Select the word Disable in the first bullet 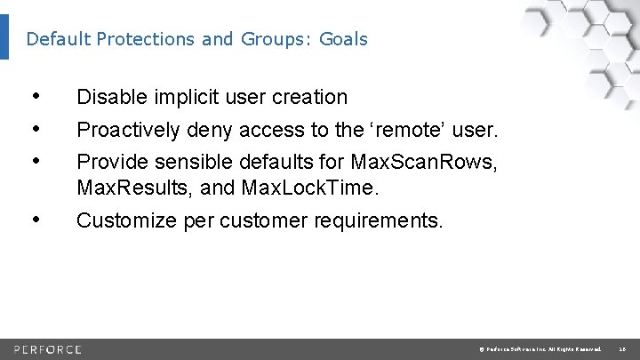point(108,97)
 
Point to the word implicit point(179,97)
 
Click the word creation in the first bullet point(307,97)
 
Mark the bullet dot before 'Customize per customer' point(34,219)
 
